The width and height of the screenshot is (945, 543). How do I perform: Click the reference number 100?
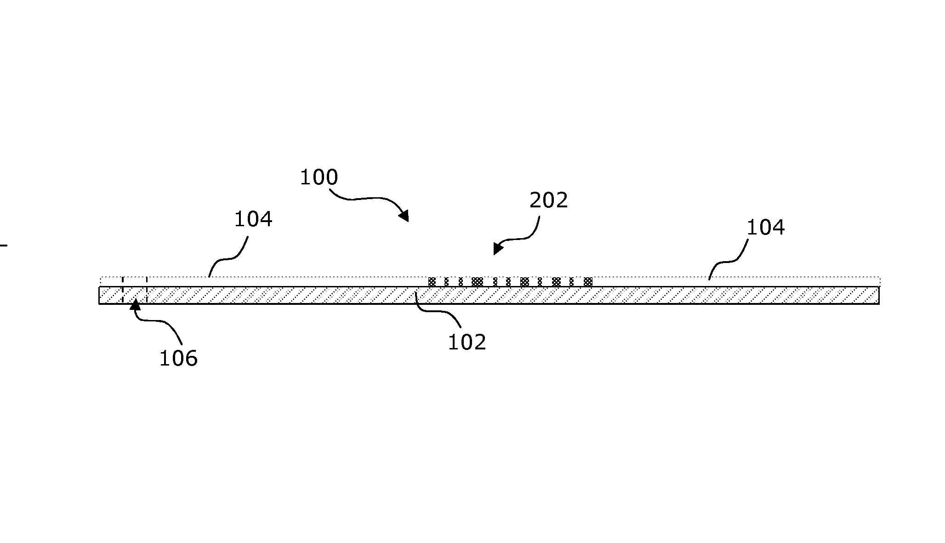[319, 177]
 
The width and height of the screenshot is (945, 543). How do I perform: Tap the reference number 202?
[549, 200]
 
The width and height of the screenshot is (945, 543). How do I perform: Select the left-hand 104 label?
[253, 219]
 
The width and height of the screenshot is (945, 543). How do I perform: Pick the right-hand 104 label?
[765, 228]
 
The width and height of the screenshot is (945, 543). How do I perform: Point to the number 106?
[178, 359]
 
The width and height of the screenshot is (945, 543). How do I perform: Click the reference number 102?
[467, 343]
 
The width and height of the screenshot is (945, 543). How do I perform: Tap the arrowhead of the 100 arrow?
[404, 216]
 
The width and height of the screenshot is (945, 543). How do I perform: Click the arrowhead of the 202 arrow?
[498, 248]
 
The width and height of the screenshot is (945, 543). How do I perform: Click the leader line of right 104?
[729, 261]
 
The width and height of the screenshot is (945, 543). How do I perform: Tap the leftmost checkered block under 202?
[432, 282]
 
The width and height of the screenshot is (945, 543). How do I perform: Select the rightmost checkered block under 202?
[588, 282]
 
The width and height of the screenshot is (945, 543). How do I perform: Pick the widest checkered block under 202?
[478, 282]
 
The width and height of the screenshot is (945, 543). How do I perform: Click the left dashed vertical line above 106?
[123, 290]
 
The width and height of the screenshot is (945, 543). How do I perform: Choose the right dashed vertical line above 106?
[147, 290]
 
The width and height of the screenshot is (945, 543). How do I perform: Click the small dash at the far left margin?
[4, 246]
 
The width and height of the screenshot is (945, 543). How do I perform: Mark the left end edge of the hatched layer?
[99, 295]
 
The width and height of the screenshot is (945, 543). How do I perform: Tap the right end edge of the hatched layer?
[879, 295]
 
